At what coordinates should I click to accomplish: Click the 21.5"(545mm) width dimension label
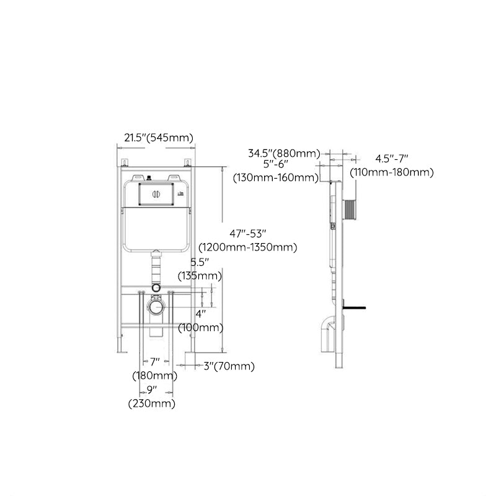[158, 138]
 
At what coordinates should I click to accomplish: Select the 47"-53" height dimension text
[247, 234]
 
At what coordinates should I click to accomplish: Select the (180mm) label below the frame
[154, 376]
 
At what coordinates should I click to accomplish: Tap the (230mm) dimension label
[151, 404]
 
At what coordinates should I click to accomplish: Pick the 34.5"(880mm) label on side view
[283, 153]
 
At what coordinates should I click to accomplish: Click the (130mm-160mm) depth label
[276, 178]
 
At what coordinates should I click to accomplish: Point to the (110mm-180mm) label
[391, 172]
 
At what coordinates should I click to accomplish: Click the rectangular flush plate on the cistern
[156, 193]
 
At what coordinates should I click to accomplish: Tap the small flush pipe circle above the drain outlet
[156, 288]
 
